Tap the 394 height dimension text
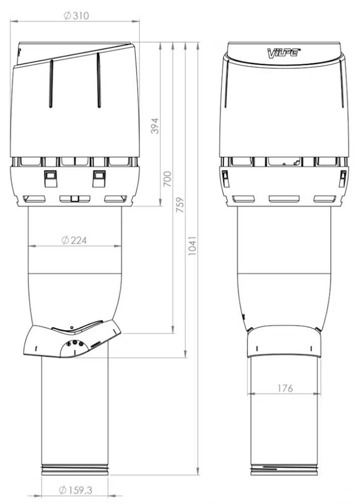[155, 125]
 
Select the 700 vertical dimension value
[168, 179]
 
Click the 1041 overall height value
[193, 245]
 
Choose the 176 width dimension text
[284, 388]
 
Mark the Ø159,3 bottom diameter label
[75, 489]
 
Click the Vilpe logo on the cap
[284, 51]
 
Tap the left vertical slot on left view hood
[51, 84]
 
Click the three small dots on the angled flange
[74, 344]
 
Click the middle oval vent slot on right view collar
[284, 199]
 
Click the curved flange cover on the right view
[284, 340]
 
